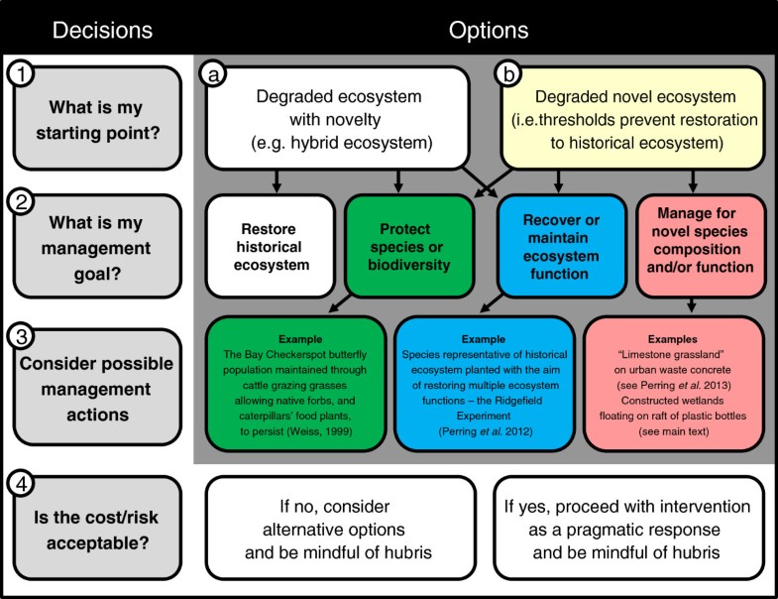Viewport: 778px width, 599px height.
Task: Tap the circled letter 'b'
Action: coord(507,73)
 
